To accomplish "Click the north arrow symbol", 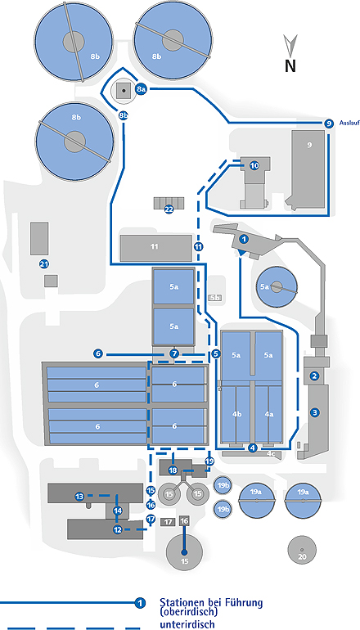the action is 290,45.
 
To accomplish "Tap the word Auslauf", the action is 349,123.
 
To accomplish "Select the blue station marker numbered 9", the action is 329,124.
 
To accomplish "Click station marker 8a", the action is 140,90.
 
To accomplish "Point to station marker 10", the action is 254,165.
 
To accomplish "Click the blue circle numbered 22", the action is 169,209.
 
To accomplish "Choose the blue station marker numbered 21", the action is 44,264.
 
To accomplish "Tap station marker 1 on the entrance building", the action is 243,240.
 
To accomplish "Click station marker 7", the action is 174,354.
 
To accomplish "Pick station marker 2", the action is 315,376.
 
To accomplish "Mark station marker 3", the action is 315,412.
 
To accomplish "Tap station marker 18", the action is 173,470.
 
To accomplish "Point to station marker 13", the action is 79,497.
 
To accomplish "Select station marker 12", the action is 117,529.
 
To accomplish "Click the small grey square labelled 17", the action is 168,522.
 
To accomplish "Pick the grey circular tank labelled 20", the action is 301,551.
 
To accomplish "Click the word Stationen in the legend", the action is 182,602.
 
